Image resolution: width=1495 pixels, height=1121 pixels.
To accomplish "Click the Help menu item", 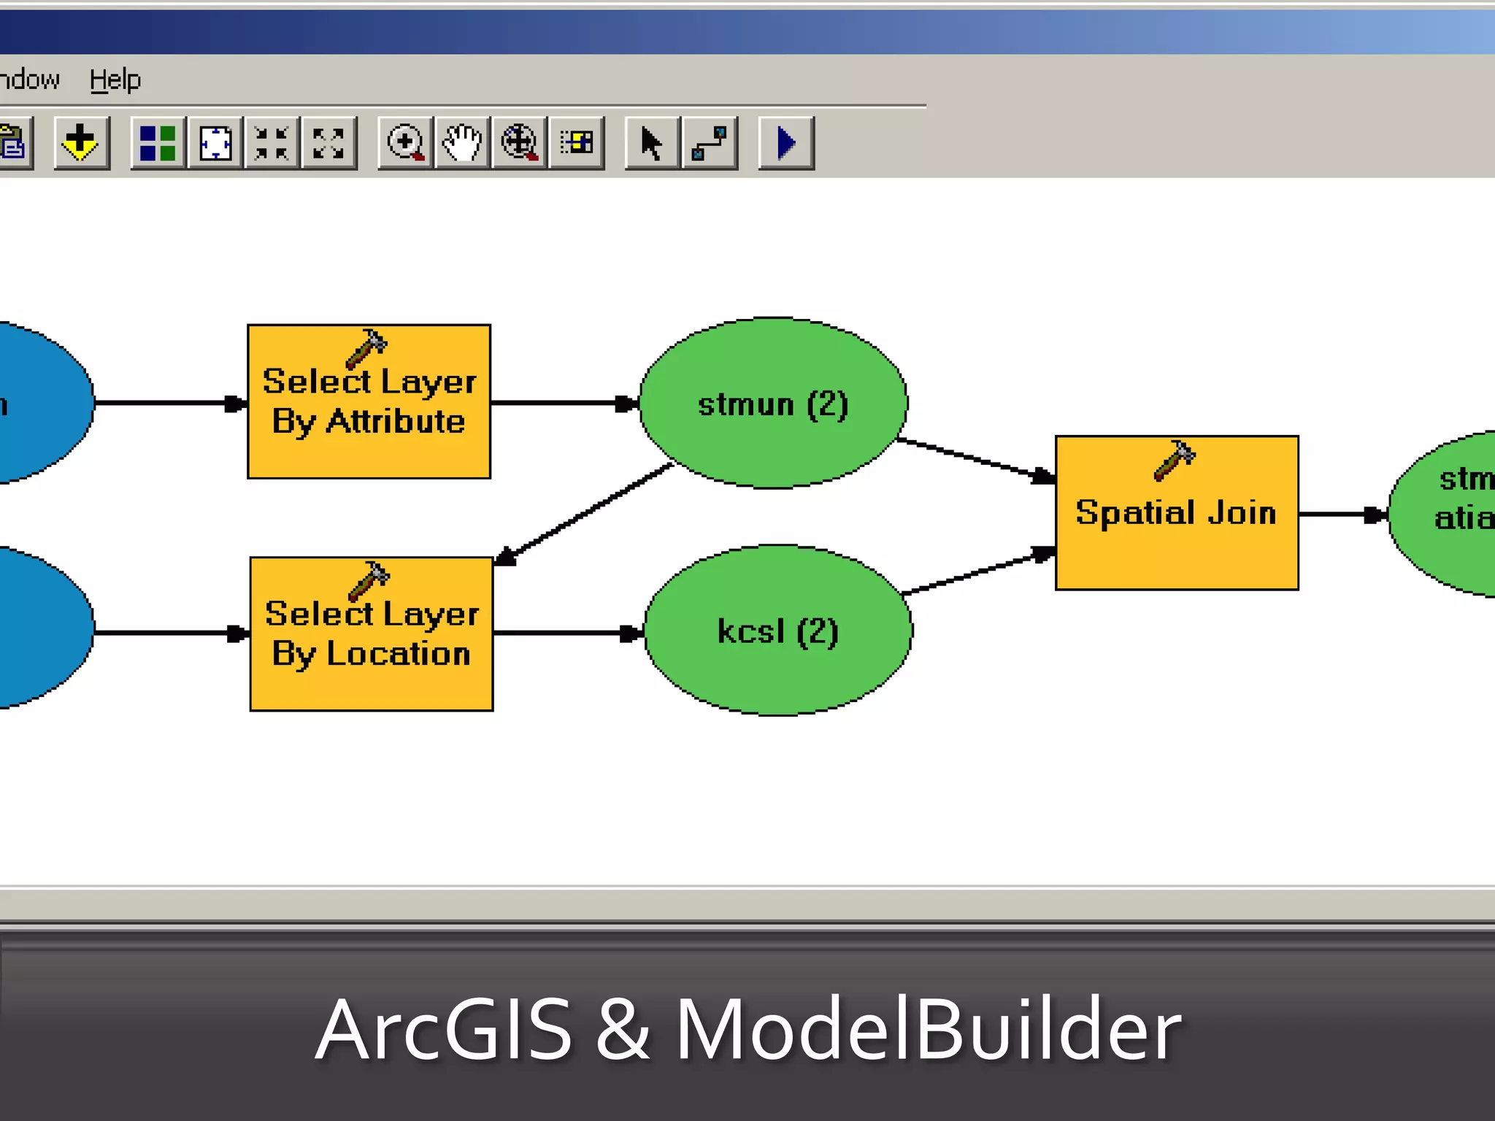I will pos(115,79).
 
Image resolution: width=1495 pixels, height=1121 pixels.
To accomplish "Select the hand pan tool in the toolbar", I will pos(462,143).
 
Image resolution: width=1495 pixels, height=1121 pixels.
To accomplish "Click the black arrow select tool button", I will pos(652,143).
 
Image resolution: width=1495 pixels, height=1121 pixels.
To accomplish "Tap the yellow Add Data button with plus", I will pos(81,143).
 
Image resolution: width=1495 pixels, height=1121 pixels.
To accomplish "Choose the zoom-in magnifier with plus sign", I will pos(405,143).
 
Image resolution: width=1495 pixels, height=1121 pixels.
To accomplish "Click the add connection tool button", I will pos(710,143).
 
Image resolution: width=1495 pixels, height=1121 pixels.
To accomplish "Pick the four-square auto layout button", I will pos(158,143).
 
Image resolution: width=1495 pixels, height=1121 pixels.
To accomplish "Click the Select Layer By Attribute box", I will pos(369,402).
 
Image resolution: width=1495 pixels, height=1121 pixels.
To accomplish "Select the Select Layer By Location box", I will pos(371,634).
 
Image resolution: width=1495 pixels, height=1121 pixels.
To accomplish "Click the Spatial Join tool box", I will pos(1177,513).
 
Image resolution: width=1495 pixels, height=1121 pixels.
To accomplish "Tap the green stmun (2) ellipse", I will pos(773,404).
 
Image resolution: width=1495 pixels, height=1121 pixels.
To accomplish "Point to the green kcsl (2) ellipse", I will pos(778,631).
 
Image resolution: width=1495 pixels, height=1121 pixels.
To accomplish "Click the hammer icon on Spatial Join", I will pos(1174,460).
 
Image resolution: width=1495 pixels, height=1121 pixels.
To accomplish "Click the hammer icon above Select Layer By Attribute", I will pos(366,347).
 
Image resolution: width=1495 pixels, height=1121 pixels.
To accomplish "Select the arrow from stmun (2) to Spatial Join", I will pos(975,459).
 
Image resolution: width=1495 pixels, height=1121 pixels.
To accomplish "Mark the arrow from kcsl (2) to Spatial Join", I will pos(978,574).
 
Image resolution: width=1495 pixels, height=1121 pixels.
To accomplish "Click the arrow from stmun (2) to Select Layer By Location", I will pos(584,514).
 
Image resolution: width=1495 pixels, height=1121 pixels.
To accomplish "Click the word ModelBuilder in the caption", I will pos(927,1029).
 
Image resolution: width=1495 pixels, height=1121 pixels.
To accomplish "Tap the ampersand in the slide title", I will pos(623,1029).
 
